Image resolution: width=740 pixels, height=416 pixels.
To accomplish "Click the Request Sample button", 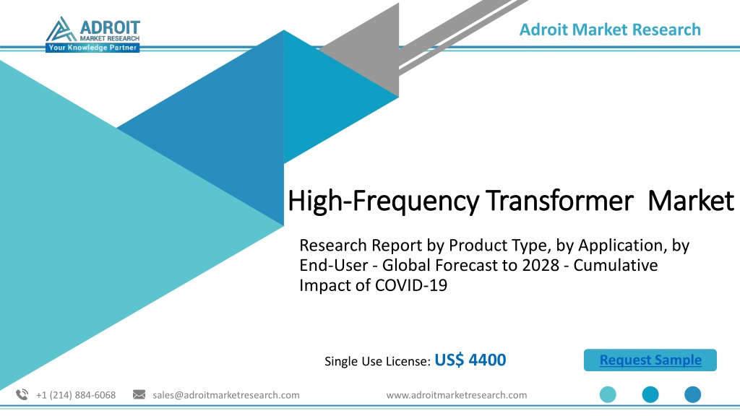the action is (650, 360).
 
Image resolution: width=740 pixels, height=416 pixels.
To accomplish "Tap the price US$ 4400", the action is (470, 360).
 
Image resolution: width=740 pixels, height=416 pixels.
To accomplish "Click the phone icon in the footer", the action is (22, 395).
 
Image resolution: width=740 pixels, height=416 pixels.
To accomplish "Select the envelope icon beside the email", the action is (139, 394).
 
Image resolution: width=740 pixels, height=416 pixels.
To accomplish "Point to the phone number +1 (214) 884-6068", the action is (76, 395).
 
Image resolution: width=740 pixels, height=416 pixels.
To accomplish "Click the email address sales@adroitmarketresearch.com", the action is (226, 395).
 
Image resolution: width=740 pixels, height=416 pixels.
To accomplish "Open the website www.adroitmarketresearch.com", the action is (457, 395).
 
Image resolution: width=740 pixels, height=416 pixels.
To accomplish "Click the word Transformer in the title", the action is (560, 201).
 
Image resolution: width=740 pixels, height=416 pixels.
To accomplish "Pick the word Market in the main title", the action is (691, 201).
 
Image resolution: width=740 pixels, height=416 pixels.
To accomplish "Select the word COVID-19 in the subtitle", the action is (411, 285).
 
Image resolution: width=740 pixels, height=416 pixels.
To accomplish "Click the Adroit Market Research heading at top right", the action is (610, 29).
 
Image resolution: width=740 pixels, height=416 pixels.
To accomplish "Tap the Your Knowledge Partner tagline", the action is (92, 48).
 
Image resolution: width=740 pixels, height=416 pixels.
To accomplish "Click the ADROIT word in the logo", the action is (110, 27).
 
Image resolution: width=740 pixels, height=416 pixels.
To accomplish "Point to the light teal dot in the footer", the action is (608, 394).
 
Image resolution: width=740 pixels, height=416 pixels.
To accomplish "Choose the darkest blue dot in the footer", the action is (693, 394).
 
